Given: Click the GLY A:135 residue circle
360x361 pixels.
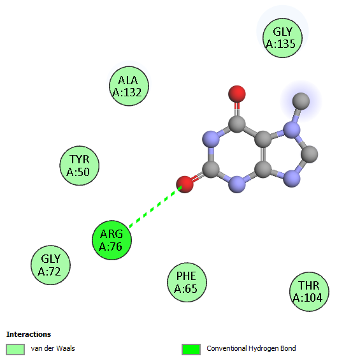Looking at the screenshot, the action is [282, 38].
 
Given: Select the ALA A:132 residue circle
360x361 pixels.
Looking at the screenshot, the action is [129, 86].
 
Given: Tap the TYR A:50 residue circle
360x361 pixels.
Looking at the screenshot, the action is [80, 166].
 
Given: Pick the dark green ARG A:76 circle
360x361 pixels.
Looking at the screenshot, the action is [112, 240].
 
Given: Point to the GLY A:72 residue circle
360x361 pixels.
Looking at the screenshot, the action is [50, 265].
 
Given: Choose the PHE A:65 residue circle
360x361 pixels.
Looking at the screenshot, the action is [187, 283].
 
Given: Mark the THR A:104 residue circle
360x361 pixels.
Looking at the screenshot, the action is [309, 291].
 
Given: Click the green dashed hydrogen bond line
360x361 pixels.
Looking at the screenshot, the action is [155, 207].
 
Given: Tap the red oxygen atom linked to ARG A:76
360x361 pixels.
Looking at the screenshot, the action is [185, 184].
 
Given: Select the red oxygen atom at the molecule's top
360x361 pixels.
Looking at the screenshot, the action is [237, 94].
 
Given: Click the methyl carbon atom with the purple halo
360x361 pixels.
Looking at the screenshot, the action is [301, 101].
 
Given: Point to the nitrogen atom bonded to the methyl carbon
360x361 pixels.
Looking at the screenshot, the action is [292, 130].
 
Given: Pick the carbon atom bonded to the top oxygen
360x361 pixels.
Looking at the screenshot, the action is [237, 124].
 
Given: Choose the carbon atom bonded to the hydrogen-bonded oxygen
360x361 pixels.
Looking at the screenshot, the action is [211, 169].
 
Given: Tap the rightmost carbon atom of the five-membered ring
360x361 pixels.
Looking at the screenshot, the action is [310, 154].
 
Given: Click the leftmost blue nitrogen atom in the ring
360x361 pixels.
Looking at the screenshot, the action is [211, 139].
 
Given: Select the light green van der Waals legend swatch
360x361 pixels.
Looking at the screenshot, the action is [15, 350].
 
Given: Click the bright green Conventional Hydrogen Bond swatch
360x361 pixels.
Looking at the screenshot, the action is [191, 350].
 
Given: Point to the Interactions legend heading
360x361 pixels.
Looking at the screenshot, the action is [29, 334].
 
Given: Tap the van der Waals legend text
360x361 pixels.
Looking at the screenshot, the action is [53, 348].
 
